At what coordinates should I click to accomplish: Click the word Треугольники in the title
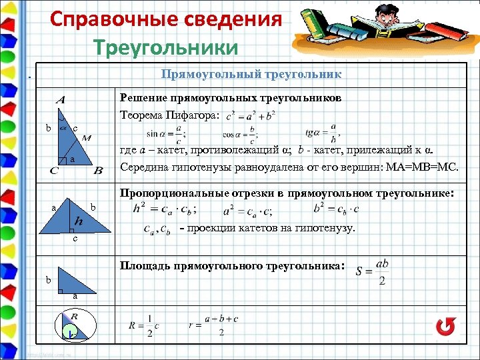[165, 48]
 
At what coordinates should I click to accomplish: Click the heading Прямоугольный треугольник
[251, 73]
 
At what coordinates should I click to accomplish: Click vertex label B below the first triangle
[98, 171]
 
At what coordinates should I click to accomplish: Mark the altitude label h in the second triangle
[79, 221]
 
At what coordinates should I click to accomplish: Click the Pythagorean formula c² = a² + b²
[251, 117]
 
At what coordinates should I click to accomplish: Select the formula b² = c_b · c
[337, 209]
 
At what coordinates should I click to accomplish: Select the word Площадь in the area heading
[145, 265]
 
